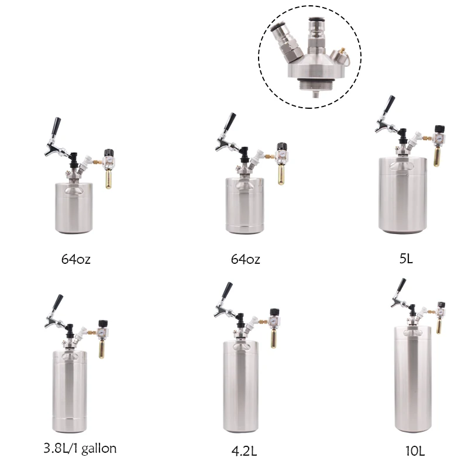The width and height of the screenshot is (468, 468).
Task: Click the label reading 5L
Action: (406, 258)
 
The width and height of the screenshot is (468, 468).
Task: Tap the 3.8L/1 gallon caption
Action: (80, 449)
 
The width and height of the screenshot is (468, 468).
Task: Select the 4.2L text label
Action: (244, 452)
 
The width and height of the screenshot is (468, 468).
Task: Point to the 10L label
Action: (414, 451)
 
